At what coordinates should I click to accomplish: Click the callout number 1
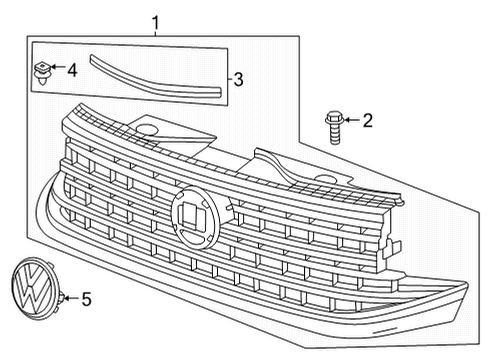(x=155, y=23)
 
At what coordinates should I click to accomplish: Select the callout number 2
(x=367, y=120)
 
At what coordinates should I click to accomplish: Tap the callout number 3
(x=238, y=80)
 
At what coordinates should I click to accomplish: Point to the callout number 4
(x=72, y=70)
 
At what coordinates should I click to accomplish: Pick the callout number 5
(x=86, y=299)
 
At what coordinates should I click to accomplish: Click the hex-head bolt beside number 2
(x=334, y=128)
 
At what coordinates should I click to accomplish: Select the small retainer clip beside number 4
(x=42, y=72)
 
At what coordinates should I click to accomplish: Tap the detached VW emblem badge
(x=34, y=289)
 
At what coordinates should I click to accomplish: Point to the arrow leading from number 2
(x=352, y=120)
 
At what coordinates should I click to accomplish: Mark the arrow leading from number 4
(x=58, y=67)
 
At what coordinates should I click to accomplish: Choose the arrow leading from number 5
(x=71, y=298)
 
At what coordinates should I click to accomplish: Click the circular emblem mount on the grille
(x=196, y=217)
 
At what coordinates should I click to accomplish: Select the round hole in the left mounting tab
(x=146, y=129)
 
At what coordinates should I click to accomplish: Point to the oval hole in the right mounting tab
(x=326, y=179)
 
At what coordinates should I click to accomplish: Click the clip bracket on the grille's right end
(x=392, y=248)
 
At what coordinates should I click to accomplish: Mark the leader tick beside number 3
(x=230, y=79)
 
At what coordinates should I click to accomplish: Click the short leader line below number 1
(x=155, y=33)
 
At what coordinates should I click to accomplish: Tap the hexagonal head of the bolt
(x=334, y=118)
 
